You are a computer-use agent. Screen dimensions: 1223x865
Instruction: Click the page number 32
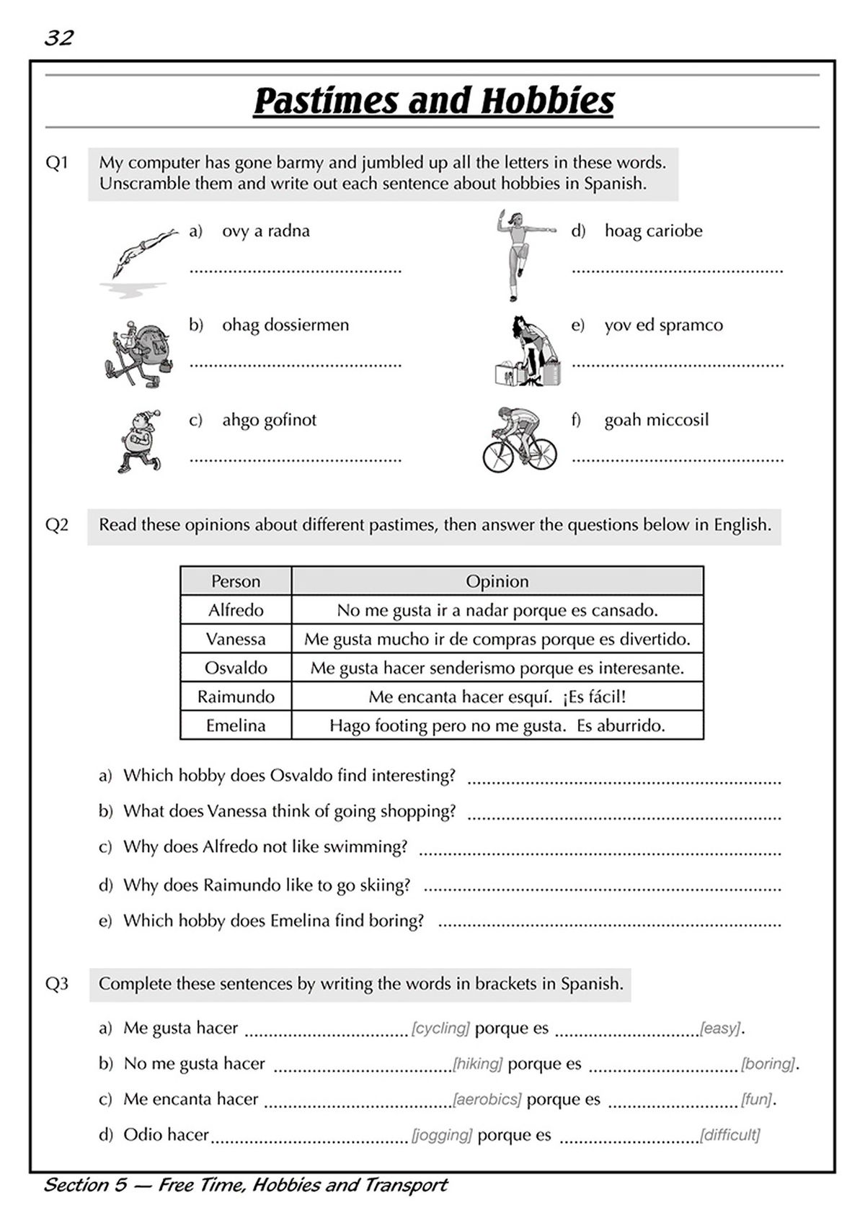pos(59,37)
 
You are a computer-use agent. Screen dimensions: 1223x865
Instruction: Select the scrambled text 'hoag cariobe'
pos(653,231)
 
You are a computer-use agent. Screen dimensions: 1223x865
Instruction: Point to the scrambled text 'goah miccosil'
pos(656,420)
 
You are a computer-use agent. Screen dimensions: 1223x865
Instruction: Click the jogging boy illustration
pos(139,441)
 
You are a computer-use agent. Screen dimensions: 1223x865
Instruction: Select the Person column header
pos(236,581)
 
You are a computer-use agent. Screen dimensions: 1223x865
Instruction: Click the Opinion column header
pos(497,581)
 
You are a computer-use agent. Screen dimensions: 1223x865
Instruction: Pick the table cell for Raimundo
pos(236,696)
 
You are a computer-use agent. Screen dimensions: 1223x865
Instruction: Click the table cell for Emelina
pos(236,725)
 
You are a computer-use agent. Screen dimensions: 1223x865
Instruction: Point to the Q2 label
pos(57,524)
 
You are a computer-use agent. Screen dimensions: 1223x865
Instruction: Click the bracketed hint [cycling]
pos(440,1028)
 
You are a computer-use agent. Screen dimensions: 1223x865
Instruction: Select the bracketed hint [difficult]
pos(729,1135)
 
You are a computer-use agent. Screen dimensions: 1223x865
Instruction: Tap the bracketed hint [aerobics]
pos(487,1099)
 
